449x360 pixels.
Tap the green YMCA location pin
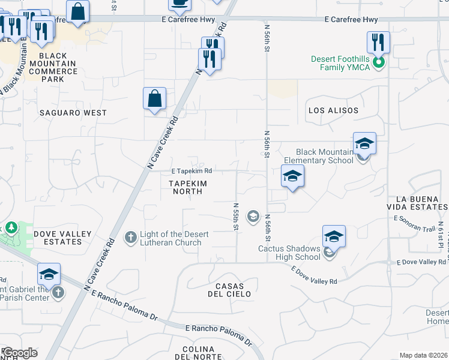[378, 62]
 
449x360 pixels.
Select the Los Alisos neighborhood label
[333, 110]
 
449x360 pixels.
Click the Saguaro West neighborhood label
[73, 113]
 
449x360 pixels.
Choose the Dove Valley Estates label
[62, 238]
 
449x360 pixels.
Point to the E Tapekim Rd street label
[191, 171]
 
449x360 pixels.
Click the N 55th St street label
[236, 216]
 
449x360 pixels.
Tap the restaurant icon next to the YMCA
[379, 43]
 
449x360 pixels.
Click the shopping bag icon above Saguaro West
[154, 98]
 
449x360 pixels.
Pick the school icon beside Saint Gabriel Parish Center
[49, 274]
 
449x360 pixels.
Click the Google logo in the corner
[20, 353]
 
